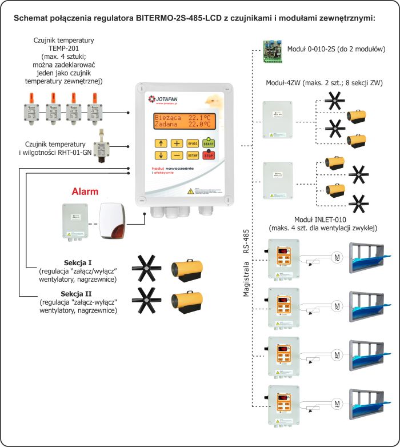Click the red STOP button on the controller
209,155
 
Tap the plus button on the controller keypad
177,143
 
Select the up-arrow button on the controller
161,143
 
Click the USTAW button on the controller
193,155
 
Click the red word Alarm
85,191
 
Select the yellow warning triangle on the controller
191,192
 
